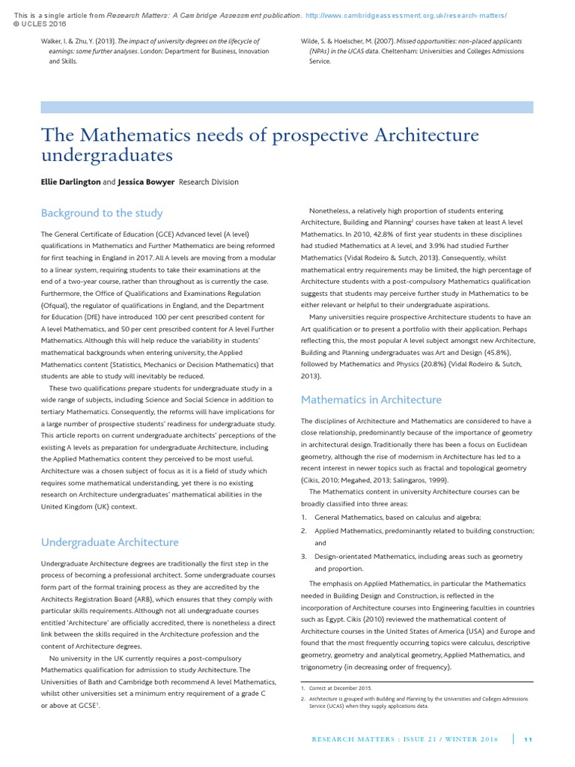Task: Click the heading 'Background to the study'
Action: (102, 213)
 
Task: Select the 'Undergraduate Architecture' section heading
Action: (110, 542)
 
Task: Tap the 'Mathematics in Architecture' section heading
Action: (371, 399)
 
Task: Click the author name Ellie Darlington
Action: (70, 181)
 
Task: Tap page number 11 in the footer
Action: (528, 739)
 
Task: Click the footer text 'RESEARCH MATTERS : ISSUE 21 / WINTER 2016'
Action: (405, 739)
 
